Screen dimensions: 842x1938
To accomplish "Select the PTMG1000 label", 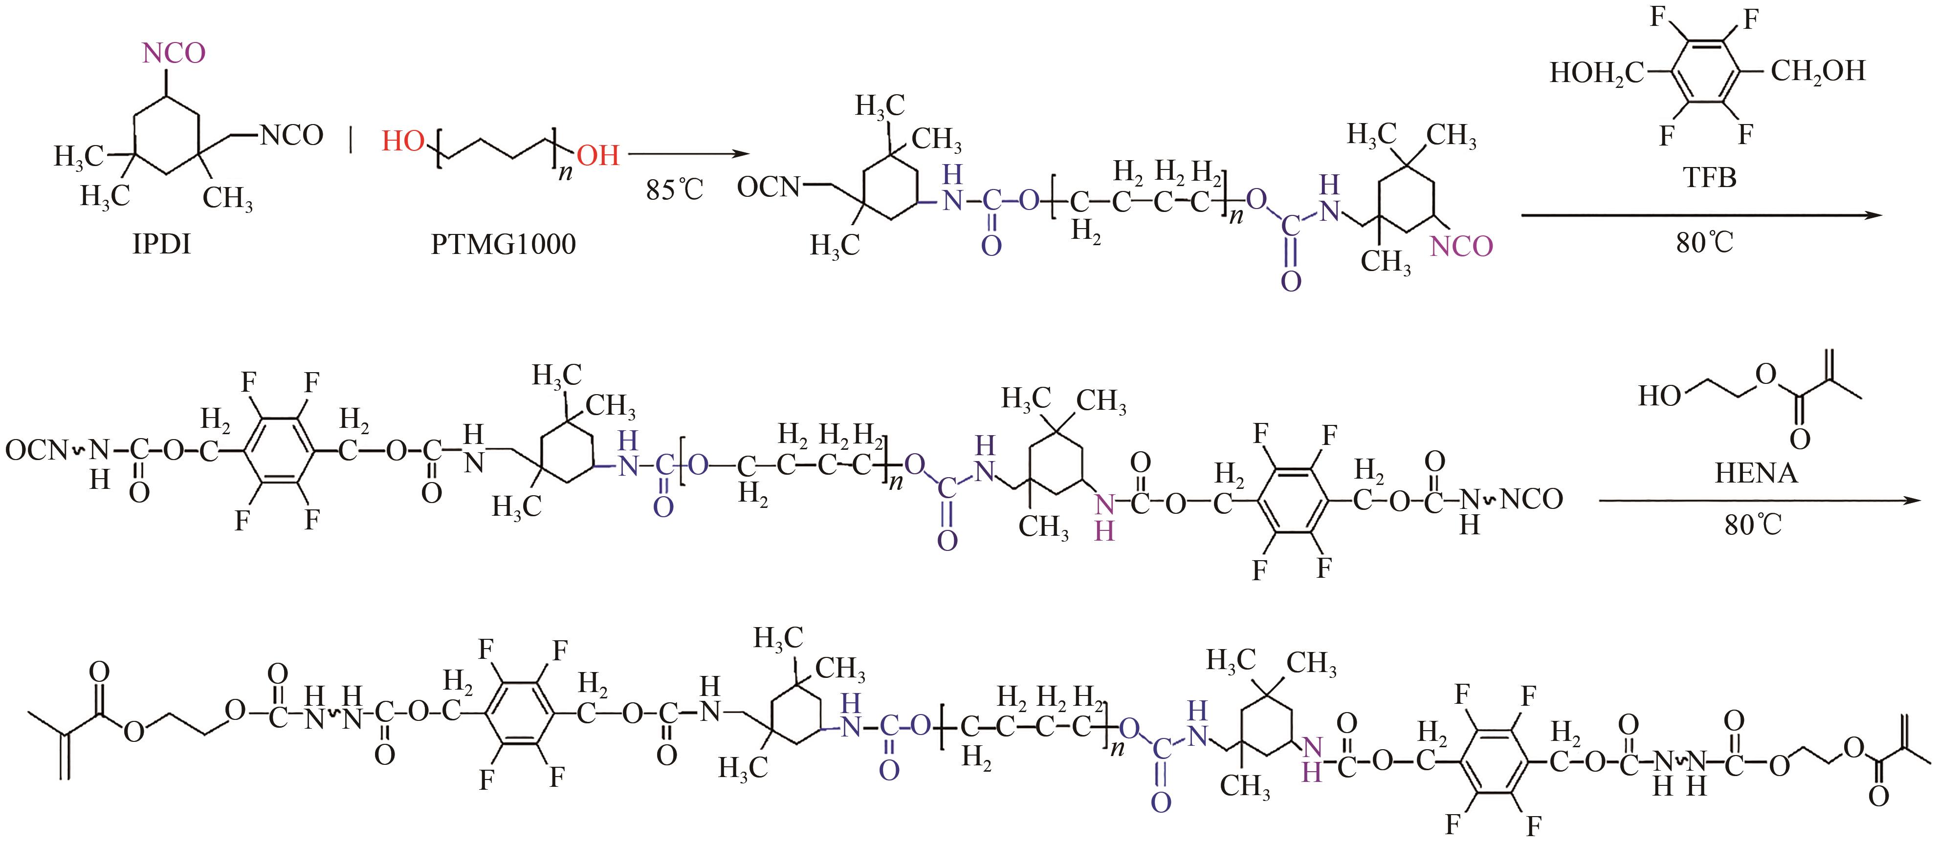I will (503, 244).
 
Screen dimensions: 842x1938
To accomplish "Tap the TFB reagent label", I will (1709, 177).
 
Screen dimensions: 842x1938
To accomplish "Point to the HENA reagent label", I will (1755, 473).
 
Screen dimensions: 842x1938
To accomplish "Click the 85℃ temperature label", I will (674, 189).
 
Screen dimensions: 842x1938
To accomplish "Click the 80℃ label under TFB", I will (1704, 243).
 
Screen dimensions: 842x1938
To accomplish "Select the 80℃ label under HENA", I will (1753, 525).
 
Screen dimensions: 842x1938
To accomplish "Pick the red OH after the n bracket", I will (598, 156).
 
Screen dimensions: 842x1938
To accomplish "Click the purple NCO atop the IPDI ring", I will (174, 53).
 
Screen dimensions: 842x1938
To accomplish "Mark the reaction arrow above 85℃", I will (688, 154).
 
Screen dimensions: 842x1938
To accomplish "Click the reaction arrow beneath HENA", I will (1761, 499).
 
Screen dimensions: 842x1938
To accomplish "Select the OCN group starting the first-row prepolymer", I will (768, 187).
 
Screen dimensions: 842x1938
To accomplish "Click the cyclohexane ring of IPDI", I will (166, 137).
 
